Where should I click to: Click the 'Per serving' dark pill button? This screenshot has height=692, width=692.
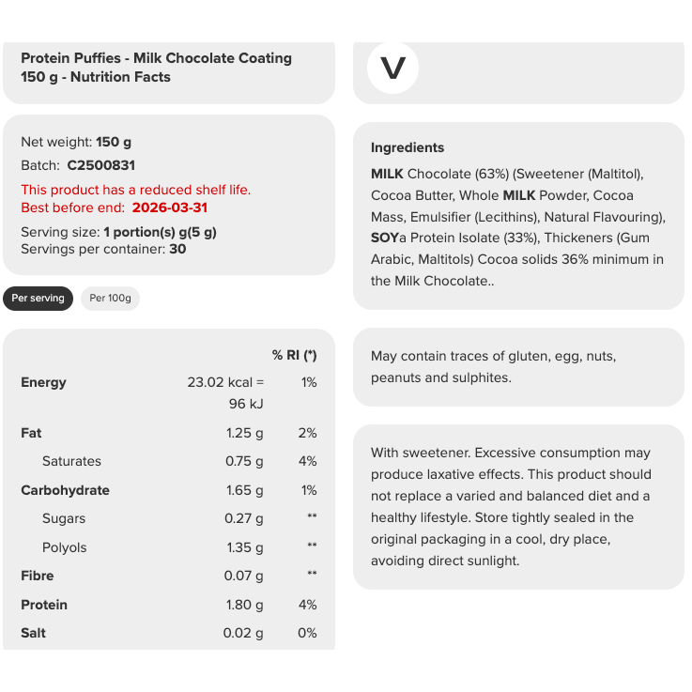tap(38, 299)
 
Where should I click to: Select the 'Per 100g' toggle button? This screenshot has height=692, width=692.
tap(110, 299)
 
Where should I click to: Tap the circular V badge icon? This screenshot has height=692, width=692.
tap(392, 69)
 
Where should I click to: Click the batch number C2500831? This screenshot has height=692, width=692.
tap(101, 165)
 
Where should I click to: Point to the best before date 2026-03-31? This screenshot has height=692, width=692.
tap(170, 208)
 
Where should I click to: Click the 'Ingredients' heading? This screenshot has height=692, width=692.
tap(408, 147)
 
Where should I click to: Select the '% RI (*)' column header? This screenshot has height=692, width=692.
tap(294, 355)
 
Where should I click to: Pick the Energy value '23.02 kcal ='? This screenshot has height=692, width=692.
tap(225, 382)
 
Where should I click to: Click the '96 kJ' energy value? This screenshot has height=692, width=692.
tap(247, 404)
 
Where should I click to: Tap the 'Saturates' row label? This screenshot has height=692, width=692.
tap(71, 461)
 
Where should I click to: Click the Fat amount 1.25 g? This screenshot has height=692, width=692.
tap(245, 433)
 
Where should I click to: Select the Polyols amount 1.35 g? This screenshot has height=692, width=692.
tap(245, 547)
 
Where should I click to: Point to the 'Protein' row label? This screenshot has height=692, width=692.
tap(45, 605)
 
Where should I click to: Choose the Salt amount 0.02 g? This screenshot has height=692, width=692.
tap(243, 633)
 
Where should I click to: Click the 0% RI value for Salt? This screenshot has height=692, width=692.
tap(307, 633)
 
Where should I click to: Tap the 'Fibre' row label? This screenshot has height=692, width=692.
tap(38, 576)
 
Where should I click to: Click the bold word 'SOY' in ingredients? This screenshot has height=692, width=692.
tap(385, 238)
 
